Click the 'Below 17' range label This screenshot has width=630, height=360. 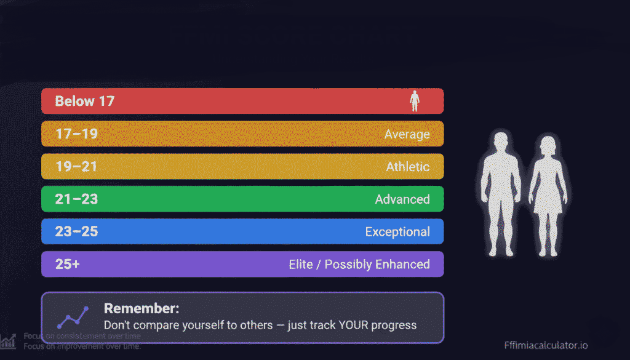coord(85,101)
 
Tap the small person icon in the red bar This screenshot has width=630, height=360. coord(415,101)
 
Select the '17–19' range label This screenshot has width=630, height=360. coord(76,134)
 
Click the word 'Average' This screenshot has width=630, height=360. coord(407,134)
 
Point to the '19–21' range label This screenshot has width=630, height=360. coord(76,166)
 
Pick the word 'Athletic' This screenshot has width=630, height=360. coord(408,167)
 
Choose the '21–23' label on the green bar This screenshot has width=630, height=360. coord(76,199)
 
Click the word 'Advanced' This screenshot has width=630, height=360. coord(402,199)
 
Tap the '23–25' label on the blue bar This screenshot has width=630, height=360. coord(76,231)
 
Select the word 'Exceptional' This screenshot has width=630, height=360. coord(397,232)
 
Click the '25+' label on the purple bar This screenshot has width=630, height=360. coord(68,264)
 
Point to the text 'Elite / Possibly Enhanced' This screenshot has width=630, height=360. coord(359,265)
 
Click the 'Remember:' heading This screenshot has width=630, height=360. coord(142,309)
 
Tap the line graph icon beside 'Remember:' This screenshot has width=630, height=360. coord(73,317)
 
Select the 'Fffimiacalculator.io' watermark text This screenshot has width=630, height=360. coord(545,345)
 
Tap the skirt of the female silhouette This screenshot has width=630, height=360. coord(547,200)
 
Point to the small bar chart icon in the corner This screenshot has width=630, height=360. coord(8,340)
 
